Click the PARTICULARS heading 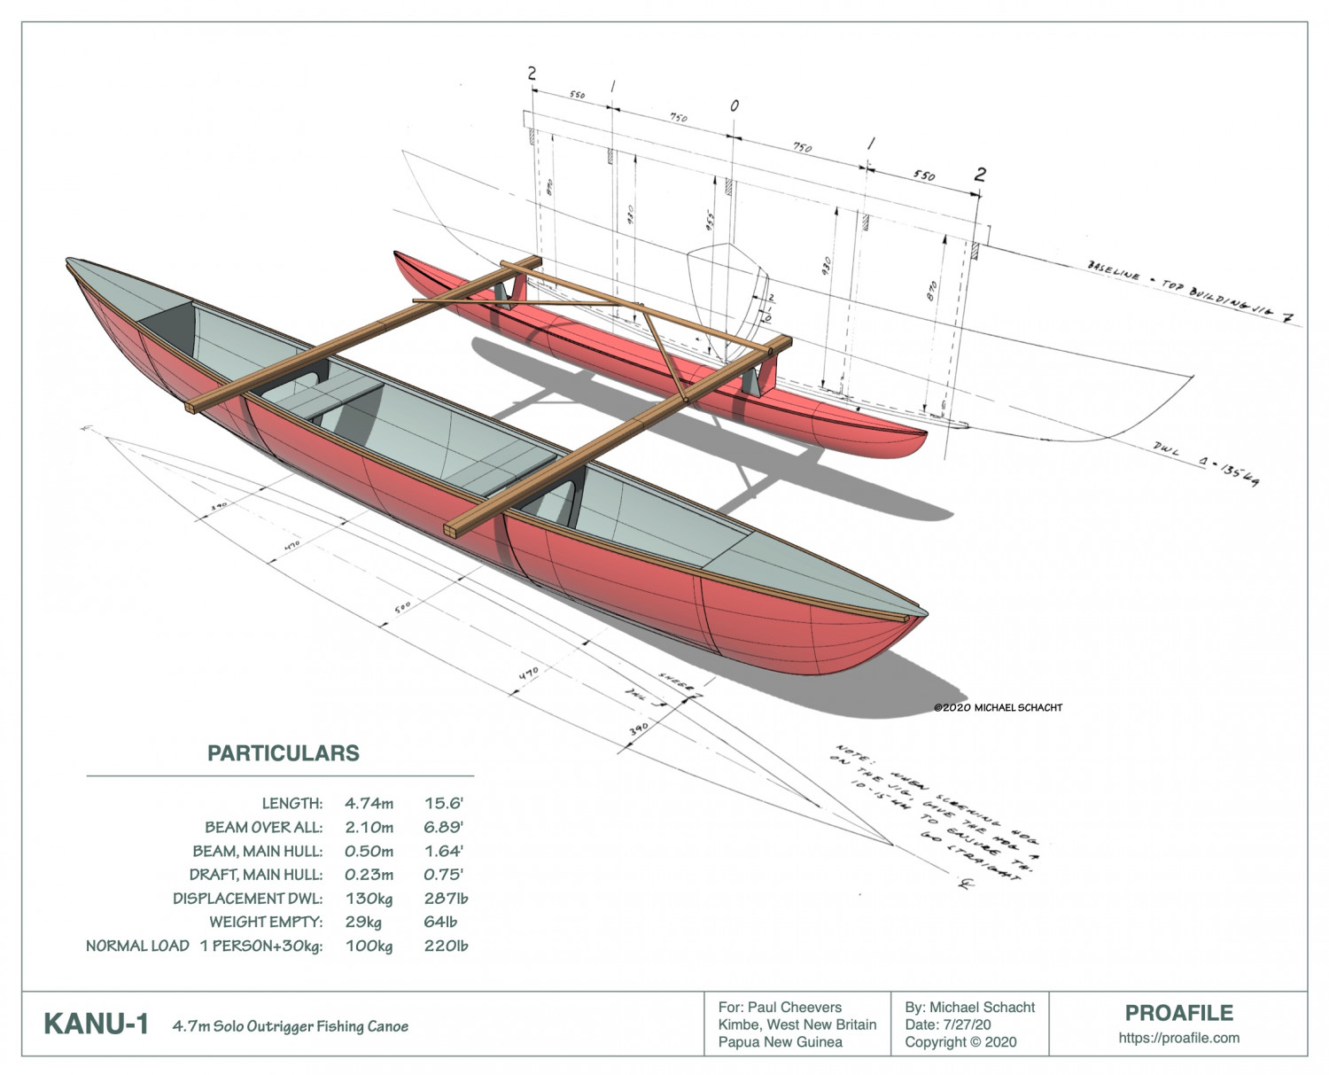point(283,753)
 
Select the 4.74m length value point(369,804)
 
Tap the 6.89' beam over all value point(443,828)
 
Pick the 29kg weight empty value point(363,923)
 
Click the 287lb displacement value point(446,899)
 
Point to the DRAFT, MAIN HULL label point(255,875)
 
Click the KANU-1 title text point(96,1024)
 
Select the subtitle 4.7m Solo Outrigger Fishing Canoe point(291,1026)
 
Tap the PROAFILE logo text point(1178,1013)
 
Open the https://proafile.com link point(1178,1038)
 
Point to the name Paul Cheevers point(795,1008)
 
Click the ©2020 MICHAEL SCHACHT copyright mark point(998,707)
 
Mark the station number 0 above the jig point(734,106)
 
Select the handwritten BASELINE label point(1113,271)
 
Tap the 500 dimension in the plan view point(403,608)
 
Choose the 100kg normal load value point(369,946)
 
